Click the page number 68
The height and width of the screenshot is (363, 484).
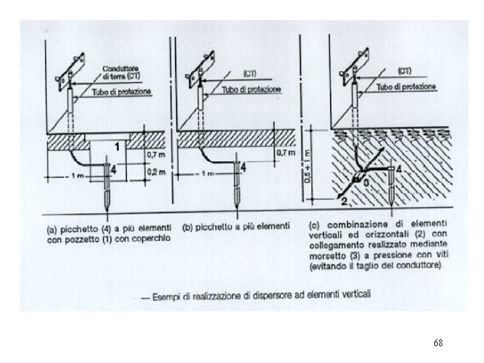pyautogui.click(x=438, y=343)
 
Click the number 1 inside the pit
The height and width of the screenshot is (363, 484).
pyautogui.click(x=117, y=147)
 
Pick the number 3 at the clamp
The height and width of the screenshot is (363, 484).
pyautogui.click(x=366, y=182)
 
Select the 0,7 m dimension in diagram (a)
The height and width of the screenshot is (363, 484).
pyautogui.click(x=155, y=156)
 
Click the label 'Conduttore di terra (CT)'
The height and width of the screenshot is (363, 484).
pyautogui.click(x=121, y=73)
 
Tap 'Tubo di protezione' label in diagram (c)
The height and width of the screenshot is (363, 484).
pyautogui.click(x=407, y=87)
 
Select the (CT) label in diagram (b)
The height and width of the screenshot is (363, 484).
pyautogui.click(x=251, y=72)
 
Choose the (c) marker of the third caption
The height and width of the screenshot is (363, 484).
pyautogui.click(x=315, y=225)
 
